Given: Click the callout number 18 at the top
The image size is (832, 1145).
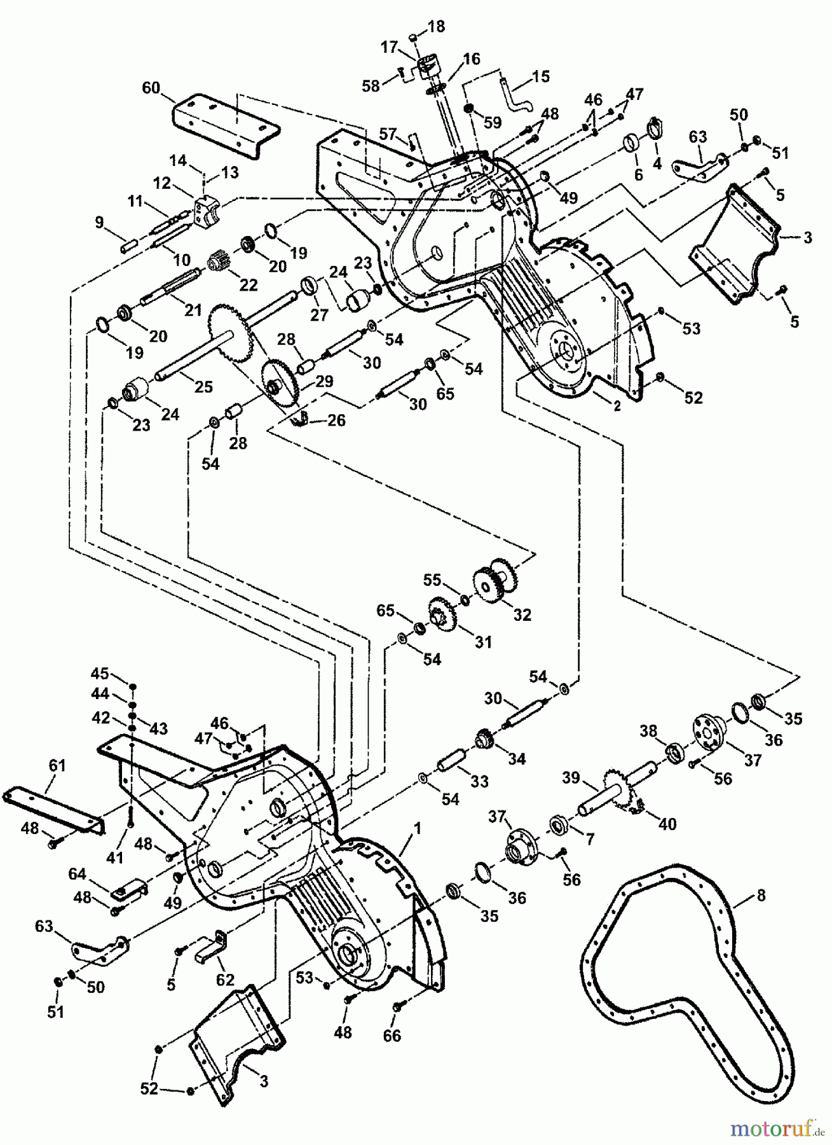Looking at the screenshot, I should (x=437, y=26).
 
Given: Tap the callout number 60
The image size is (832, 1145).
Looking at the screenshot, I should (x=151, y=87).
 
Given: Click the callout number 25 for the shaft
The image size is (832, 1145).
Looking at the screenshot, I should (x=203, y=387).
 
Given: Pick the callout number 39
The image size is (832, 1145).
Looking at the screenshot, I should (x=571, y=778).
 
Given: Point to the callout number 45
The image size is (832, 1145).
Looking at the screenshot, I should (x=100, y=674).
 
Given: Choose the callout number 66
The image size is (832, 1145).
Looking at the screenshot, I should (x=392, y=1036).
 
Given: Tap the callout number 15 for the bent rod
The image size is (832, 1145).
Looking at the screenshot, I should (x=540, y=77).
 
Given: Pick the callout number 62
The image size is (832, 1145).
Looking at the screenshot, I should (x=225, y=979).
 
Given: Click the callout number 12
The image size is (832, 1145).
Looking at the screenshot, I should (x=162, y=183).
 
